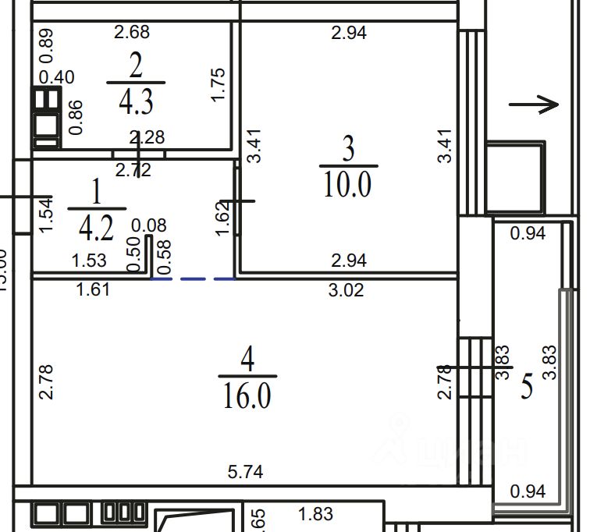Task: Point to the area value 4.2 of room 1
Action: [96, 228]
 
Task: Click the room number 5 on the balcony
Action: [527, 386]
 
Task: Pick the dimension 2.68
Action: [131, 32]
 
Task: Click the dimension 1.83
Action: [316, 513]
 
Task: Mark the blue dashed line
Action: [193, 278]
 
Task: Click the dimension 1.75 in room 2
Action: [219, 85]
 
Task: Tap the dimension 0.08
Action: [150, 225]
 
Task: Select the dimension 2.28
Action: [147, 138]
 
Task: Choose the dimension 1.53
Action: [89, 261]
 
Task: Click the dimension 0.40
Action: [57, 77]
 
